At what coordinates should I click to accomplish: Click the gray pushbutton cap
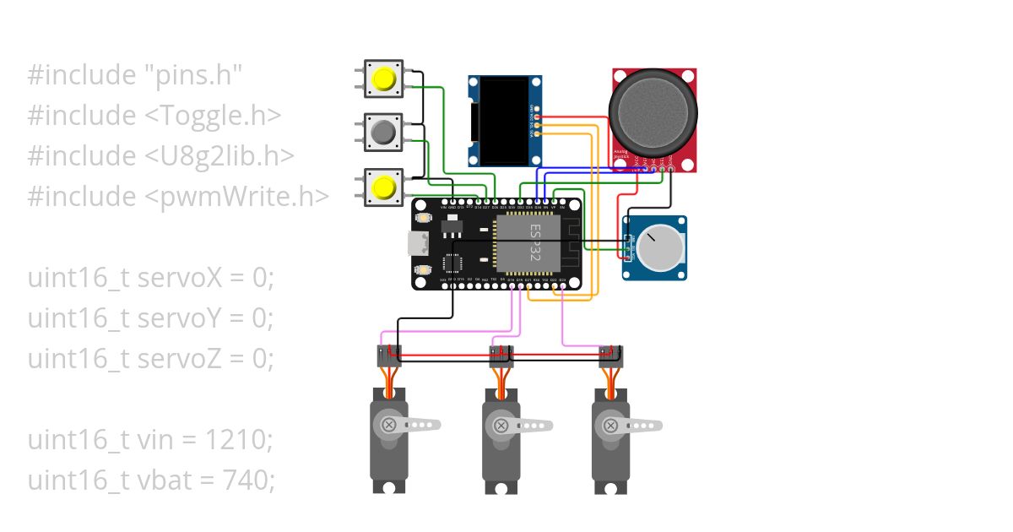point(384,132)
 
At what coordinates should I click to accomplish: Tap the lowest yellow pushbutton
point(384,187)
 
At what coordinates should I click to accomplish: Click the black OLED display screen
point(498,120)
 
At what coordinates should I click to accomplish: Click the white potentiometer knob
point(659,247)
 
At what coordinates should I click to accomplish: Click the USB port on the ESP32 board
point(418,244)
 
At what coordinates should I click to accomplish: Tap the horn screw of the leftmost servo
point(389,424)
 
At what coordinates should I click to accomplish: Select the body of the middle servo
point(499,448)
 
